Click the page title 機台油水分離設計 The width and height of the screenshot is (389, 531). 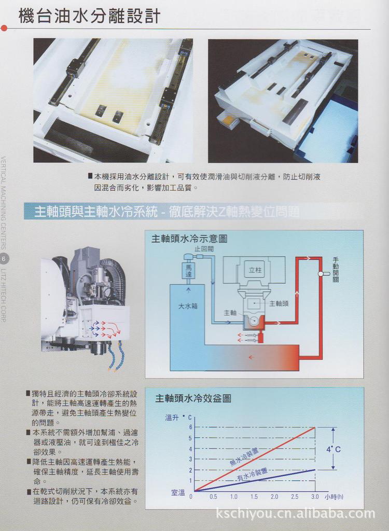[89, 16]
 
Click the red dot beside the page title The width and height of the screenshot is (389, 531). [4, 28]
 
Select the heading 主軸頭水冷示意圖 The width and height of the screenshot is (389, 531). [189, 239]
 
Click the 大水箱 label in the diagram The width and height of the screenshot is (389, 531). [187, 306]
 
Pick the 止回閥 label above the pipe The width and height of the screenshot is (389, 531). [204, 249]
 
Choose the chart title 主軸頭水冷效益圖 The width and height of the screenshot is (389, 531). [193, 398]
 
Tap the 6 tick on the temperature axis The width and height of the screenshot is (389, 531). [190, 427]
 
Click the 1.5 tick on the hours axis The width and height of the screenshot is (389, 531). [254, 497]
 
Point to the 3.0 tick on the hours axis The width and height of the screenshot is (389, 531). [315, 497]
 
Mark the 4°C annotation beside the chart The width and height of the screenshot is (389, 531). [333, 449]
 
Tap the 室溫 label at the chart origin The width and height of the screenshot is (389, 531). [178, 493]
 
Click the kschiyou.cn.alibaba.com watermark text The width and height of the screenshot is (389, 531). [295, 514]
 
